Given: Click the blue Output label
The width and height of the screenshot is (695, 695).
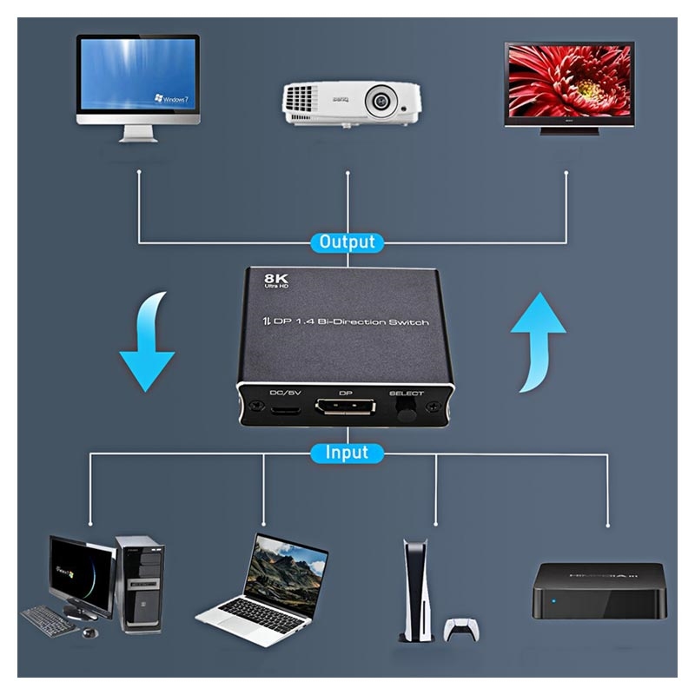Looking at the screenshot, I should pos(347,242).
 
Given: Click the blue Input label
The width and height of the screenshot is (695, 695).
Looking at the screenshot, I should pos(347,453).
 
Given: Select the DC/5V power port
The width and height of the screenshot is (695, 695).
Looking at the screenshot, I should pos(283,408).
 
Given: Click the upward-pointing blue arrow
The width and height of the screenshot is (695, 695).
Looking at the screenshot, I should pos(539,339).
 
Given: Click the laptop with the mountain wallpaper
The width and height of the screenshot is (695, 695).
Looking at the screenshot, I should pos(265,580).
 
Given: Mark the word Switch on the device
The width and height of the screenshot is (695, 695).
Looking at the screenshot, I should pos(406,323).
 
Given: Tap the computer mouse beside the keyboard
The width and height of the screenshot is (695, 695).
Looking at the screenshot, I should pos(89,632).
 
